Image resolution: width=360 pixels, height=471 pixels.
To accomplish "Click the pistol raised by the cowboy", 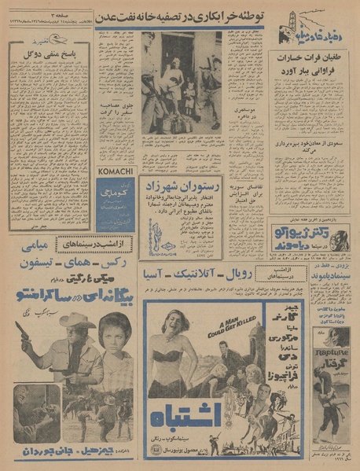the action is [21, 328].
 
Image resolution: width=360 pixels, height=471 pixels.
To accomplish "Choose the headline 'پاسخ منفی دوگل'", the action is [51, 53].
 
